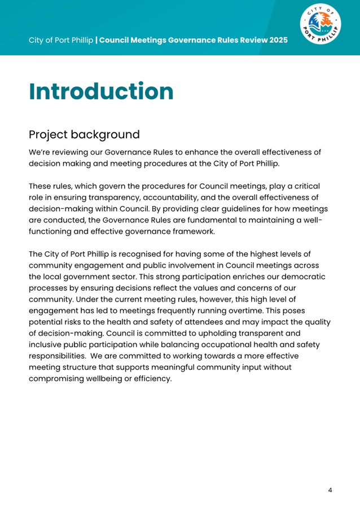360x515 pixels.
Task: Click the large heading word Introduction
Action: click(101, 92)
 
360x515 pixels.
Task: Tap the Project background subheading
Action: click(84, 135)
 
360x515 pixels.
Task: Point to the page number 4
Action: click(330, 490)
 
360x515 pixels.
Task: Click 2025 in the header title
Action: click(277, 41)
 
